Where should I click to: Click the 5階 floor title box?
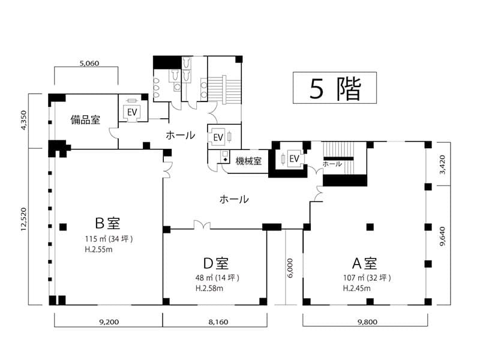[x=335, y=88]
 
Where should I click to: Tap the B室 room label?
[x=107, y=223]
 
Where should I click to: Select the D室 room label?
[x=216, y=263]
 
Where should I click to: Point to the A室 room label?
[x=364, y=263]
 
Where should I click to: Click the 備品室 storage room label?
[x=85, y=119]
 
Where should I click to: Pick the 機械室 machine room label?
[x=248, y=161]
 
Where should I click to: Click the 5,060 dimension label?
[x=89, y=64]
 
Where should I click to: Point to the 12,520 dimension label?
[x=24, y=219]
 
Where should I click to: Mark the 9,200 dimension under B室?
[x=109, y=322]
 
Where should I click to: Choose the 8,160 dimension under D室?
[x=218, y=322]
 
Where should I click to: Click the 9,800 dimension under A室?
[x=367, y=322]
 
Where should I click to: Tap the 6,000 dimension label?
[x=290, y=268]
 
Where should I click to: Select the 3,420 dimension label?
[x=442, y=164]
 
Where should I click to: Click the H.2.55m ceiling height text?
[x=98, y=250]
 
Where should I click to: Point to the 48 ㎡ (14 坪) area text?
[x=217, y=278]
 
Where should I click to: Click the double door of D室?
[x=202, y=225]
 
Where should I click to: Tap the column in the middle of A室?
[x=370, y=227]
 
